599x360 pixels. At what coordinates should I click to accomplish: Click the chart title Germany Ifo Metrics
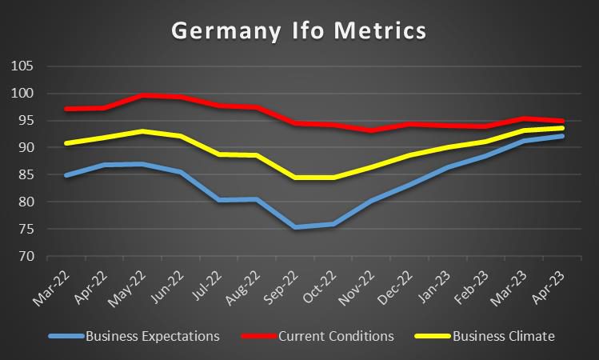click(299, 32)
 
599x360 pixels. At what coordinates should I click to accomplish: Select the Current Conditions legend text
click(335, 336)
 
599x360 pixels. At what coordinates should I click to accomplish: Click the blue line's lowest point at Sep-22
click(295, 227)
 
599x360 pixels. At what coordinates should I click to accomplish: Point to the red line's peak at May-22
click(142, 95)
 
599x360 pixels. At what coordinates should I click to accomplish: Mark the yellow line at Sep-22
click(295, 177)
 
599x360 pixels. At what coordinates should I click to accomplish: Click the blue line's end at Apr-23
click(562, 136)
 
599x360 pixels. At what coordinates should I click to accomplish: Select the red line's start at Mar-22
click(66, 109)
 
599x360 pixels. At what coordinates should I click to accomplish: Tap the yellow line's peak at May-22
click(142, 131)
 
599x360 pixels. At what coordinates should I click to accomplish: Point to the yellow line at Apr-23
click(562, 128)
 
